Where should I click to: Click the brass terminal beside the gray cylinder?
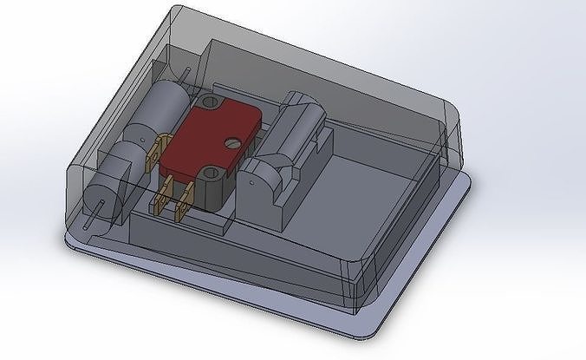pyautogui.click(x=155, y=154)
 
